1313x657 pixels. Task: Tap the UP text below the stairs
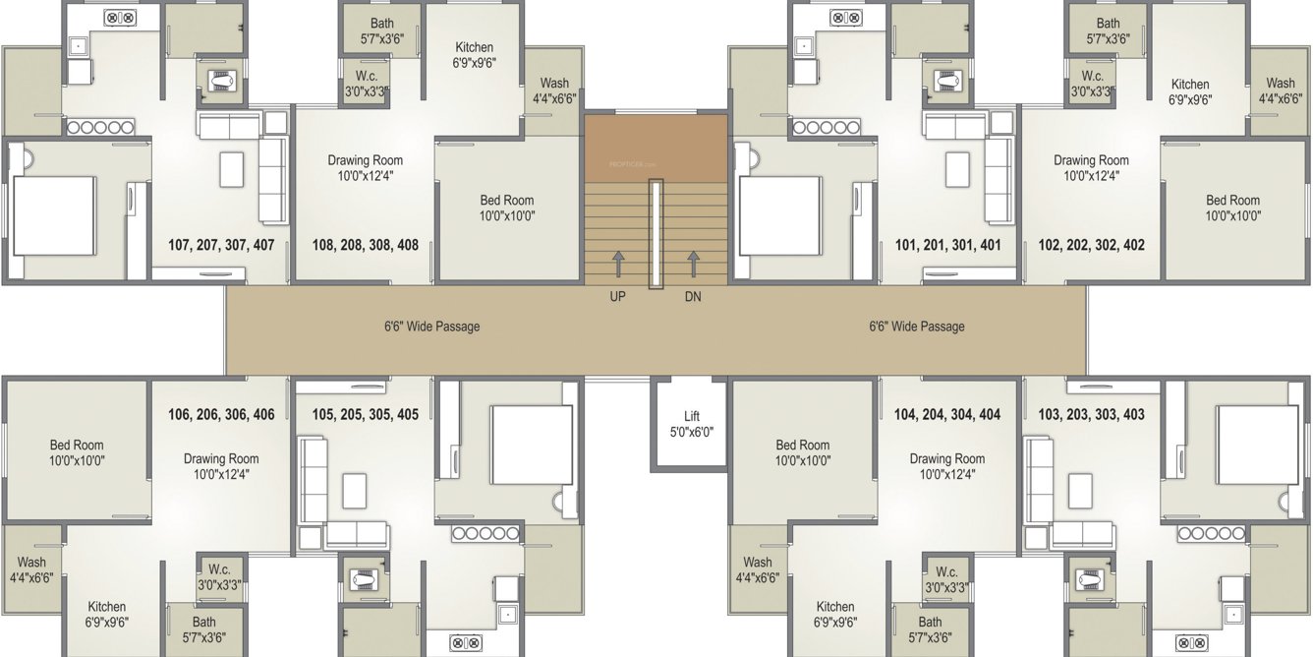(x=617, y=296)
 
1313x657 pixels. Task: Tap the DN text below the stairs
(x=693, y=296)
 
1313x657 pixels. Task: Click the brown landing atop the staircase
(x=656, y=148)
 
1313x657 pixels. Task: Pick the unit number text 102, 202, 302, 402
(x=1091, y=245)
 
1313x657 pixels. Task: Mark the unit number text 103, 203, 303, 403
(x=1091, y=415)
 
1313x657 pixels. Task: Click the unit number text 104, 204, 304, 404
(x=947, y=415)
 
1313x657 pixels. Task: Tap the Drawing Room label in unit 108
(x=365, y=168)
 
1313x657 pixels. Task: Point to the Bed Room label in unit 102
(x=1233, y=208)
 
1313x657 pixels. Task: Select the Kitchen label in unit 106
(x=107, y=614)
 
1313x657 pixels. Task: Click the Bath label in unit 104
(x=930, y=629)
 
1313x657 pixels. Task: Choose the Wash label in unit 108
(x=554, y=90)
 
